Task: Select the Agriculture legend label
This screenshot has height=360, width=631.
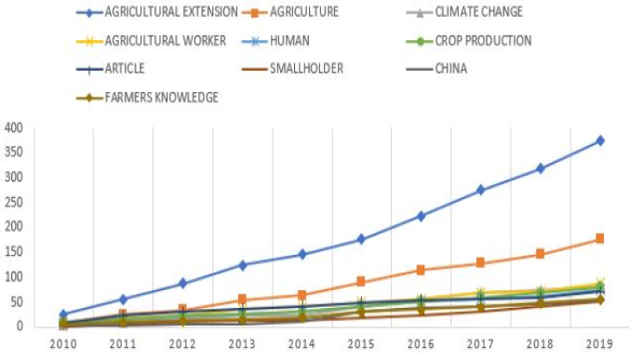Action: [303, 12]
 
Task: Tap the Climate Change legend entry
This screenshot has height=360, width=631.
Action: [478, 12]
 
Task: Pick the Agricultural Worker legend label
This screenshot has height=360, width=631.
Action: [166, 41]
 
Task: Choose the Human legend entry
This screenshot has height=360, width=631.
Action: [289, 41]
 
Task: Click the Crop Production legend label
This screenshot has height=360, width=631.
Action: [483, 41]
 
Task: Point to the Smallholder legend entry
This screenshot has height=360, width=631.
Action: [306, 69]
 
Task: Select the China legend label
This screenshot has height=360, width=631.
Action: [450, 69]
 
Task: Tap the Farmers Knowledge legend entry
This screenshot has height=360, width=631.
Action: [161, 98]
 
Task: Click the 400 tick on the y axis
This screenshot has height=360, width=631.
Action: [14, 128]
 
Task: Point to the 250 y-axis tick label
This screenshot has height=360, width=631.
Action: [14, 202]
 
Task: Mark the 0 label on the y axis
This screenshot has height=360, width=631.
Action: [19, 326]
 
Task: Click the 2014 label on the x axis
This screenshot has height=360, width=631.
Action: [302, 344]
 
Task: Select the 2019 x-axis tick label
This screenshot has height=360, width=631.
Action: [599, 344]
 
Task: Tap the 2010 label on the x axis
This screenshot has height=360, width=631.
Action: [63, 344]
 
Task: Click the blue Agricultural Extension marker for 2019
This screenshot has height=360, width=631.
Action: [600, 140]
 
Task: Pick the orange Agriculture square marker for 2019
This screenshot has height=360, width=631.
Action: [600, 238]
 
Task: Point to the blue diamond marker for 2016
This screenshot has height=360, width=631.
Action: [421, 217]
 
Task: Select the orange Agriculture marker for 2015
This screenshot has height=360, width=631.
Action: [361, 281]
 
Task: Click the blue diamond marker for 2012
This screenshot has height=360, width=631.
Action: [182, 284]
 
